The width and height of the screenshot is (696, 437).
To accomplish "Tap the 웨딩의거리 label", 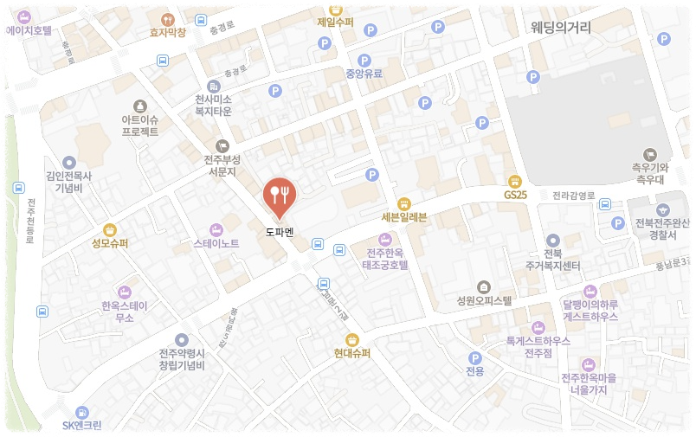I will pyautogui.click(x=561, y=28).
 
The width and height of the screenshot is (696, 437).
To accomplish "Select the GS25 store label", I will pyautogui.click(x=515, y=195).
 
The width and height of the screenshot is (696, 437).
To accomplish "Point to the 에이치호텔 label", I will pyautogui.click(x=29, y=30).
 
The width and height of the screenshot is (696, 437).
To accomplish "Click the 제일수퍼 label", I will pyautogui.click(x=335, y=22).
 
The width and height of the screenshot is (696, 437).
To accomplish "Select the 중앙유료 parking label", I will pyautogui.click(x=364, y=74).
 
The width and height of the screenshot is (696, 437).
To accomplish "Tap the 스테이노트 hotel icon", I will pyautogui.click(x=216, y=229).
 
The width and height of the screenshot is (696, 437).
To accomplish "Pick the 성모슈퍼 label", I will pyautogui.click(x=110, y=243).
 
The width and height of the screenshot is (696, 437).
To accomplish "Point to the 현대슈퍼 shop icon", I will pyautogui.click(x=351, y=339).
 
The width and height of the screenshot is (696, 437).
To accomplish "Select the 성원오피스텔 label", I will pyautogui.click(x=484, y=301).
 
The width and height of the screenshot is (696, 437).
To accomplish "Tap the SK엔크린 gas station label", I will pyautogui.click(x=82, y=425).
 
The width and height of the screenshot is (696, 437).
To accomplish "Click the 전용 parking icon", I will pyautogui.click(x=474, y=358).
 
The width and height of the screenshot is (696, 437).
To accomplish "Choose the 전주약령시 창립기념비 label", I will pyautogui.click(x=181, y=359).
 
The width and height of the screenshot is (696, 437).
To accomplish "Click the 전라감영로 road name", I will pyautogui.click(x=574, y=196).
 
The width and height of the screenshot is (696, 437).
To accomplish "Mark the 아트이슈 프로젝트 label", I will pyautogui.click(x=139, y=125).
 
